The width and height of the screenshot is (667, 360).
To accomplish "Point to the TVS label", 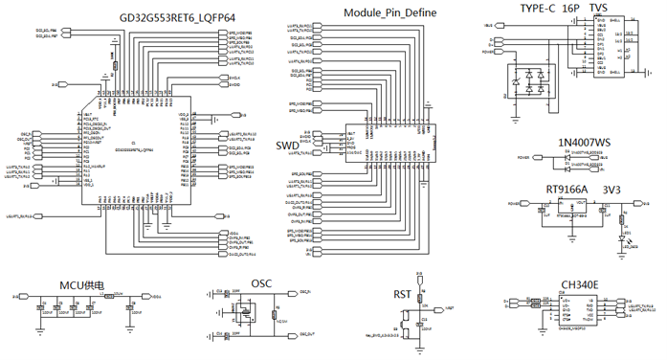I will [598, 8].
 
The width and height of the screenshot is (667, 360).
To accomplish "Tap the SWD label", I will [286, 145].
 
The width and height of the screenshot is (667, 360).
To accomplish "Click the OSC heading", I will [261, 283].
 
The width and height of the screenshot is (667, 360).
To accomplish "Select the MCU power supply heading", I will [81, 285].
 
